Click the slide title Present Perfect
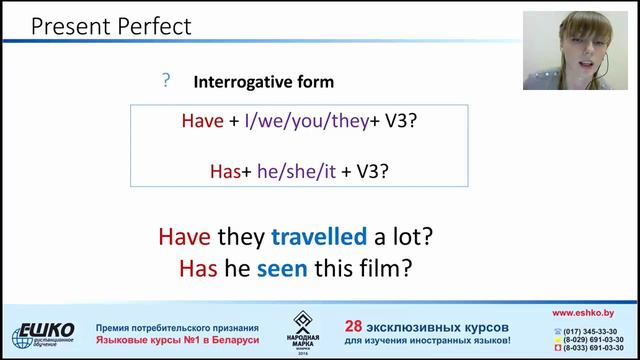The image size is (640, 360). (110, 25)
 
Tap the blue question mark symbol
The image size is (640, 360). (166, 81)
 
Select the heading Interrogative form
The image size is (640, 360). (263, 82)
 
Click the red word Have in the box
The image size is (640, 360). (202, 121)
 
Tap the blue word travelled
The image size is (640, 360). (319, 237)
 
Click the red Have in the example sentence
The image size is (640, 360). (184, 237)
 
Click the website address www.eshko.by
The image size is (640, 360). (590, 313)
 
